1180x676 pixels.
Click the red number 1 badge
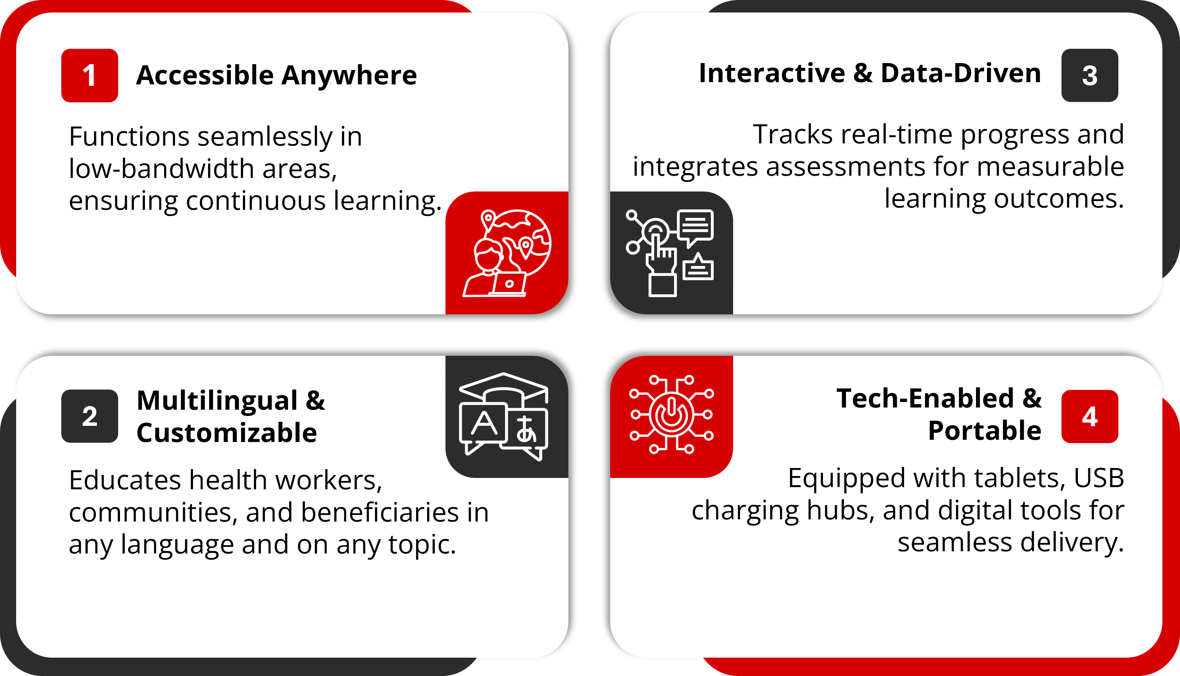(x=90, y=75)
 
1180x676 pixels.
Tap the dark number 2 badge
(x=90, y=416)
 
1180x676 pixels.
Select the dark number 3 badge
(x=1089, y=75)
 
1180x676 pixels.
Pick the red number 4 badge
(x=1089, y=416)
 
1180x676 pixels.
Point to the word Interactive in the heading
(x=772, y=73)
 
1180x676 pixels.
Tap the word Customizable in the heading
(x=227, y=433)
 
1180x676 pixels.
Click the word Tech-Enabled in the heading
(x=925, y=398)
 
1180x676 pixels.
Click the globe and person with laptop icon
(x=507, y=253)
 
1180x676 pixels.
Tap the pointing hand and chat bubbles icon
(x=670, y=253)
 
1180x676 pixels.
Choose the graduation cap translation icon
(x=504, y=416)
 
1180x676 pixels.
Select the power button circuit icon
(x=671, y=414)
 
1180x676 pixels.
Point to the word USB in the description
(x=1099, y=478)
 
